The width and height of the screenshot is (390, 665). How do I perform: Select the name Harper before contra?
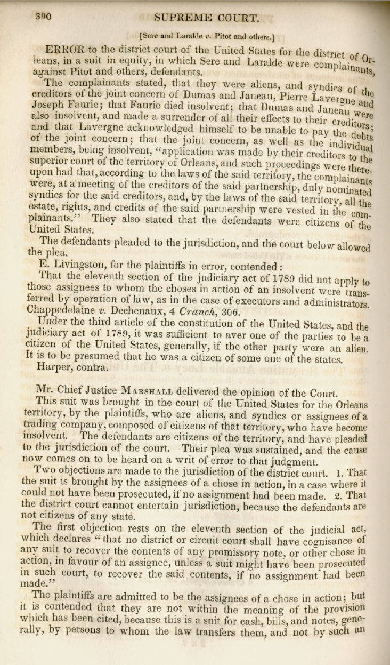(54, 367)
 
